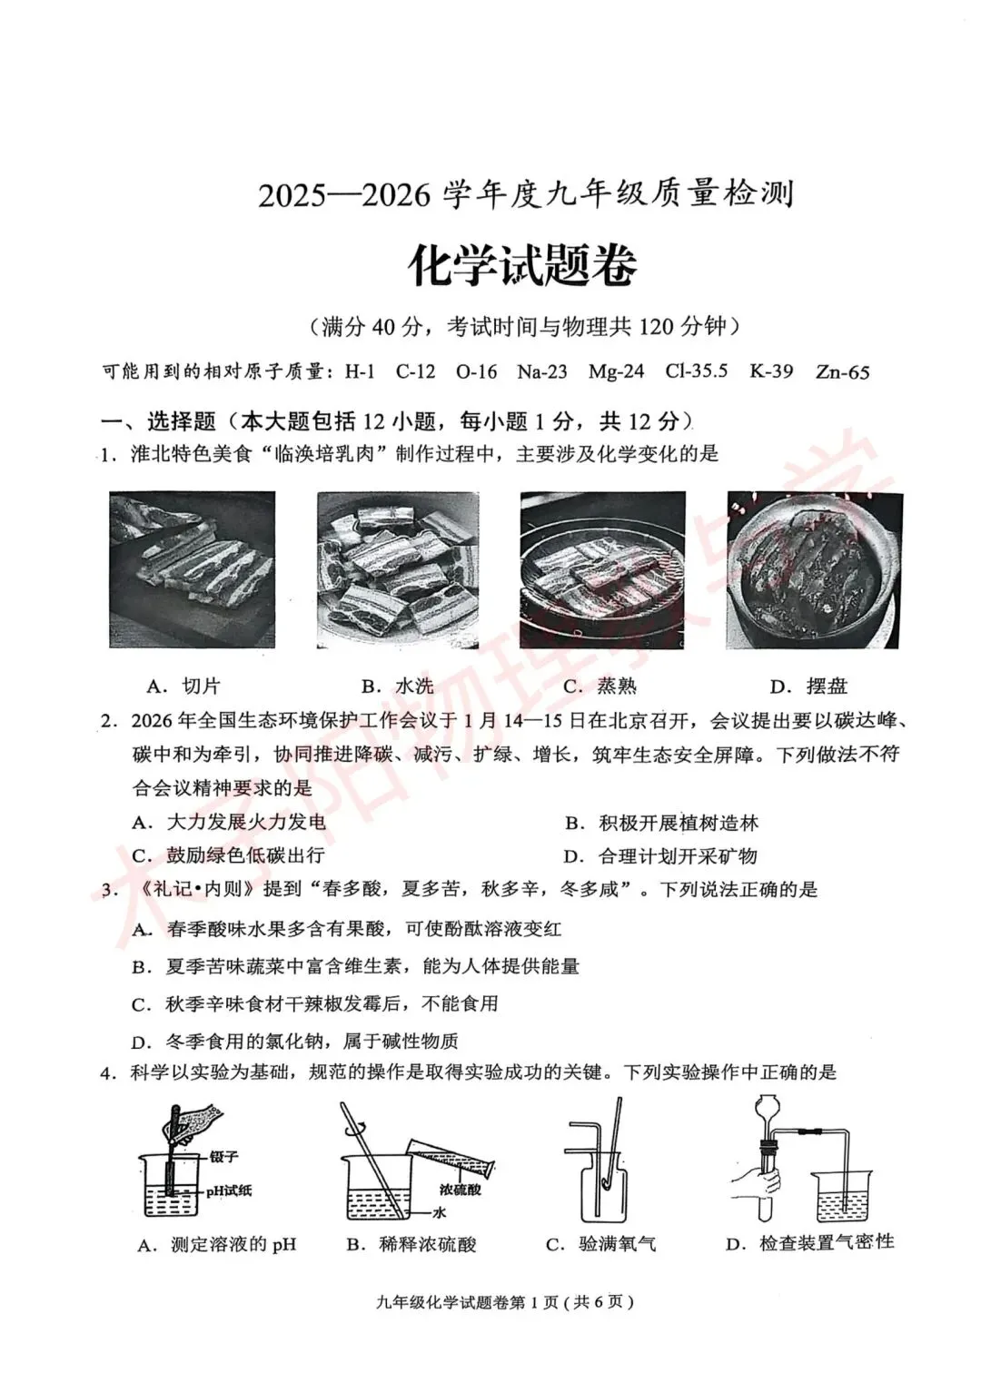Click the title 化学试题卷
pos(522,265)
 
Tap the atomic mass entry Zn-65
pos(842,371)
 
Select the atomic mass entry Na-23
pos(541,371)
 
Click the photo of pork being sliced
pos(192,569)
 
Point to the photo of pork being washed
pos(398,569)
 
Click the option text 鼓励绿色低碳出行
pos(245,855)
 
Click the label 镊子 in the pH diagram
pos(223,1157)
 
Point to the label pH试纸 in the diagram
pos(228,1190)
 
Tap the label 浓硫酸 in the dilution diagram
pos(460,1189)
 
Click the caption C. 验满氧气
pos(600,1244)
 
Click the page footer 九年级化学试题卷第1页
pos(504,1301)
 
